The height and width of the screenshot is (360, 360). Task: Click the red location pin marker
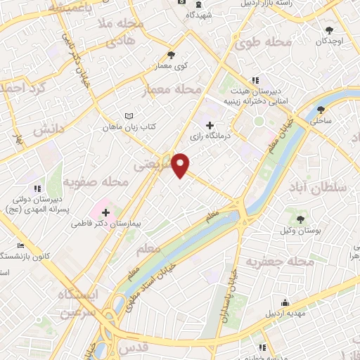tap(181, 165)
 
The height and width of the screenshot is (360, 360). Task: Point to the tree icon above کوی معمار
tap(171, 53)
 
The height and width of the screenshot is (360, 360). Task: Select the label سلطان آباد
tap(317, 186)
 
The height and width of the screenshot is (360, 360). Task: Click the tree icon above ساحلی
tap(321, 109)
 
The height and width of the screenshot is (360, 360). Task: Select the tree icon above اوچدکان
tap(329, 30)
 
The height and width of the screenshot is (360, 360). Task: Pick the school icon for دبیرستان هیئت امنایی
tap(255, 79)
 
